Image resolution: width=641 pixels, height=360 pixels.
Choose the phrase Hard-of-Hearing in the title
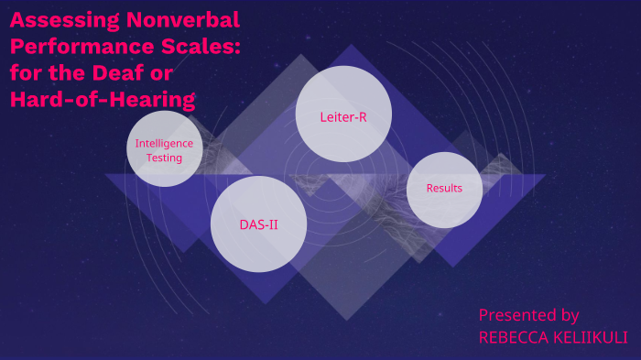point(103,100)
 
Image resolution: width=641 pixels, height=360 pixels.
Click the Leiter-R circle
point(343,114)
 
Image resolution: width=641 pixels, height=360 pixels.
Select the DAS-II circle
point(258,224)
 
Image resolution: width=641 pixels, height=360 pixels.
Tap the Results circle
point(444,190)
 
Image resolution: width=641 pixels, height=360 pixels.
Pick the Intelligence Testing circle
point(165,149)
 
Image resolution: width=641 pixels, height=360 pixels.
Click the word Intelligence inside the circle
point(165,143)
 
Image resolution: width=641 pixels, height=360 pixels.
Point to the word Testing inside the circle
point(165,158)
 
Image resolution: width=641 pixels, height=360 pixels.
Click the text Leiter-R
point(343,117)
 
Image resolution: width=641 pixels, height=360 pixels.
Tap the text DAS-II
point(258,224)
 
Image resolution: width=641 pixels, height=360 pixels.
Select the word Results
point(444,189)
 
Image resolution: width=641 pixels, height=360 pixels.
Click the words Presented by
point(528,315)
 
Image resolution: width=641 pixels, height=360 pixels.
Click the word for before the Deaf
point(28,73)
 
